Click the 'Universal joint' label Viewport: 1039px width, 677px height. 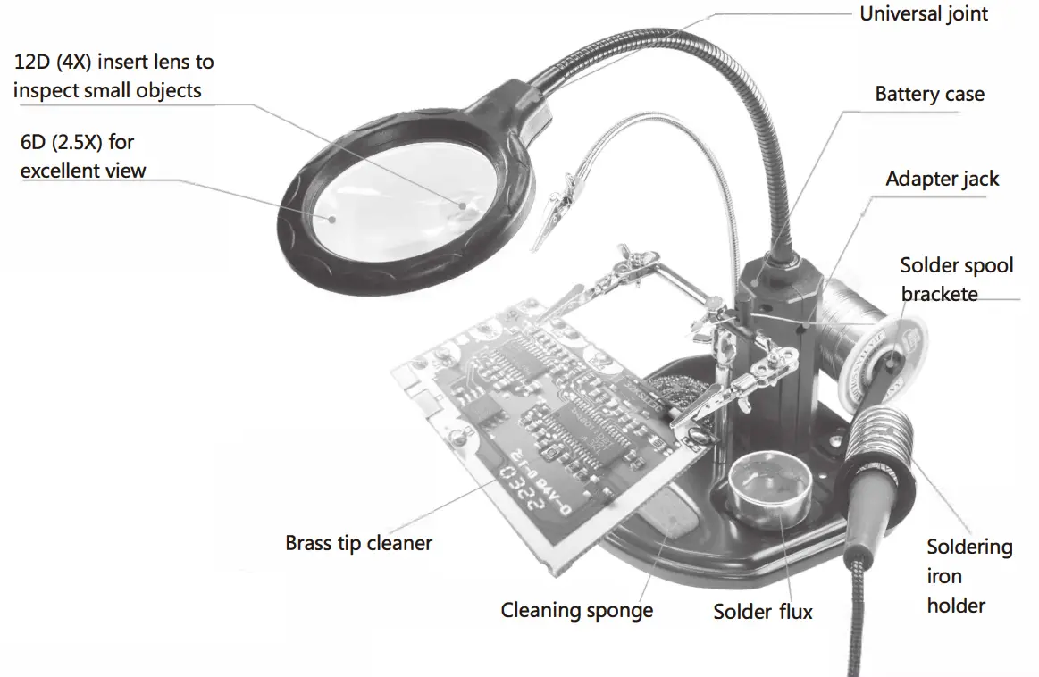[x=924, y=14]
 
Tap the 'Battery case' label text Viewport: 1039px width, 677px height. [x=929, y=95]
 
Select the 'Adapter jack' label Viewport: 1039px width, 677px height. [x=942, y=179]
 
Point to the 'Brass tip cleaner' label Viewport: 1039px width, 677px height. [x=358, y=543]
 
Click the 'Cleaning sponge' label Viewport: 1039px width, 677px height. [x=576, y=611]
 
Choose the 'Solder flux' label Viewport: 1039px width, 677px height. [x=763, y=612]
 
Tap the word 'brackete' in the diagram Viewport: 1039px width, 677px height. [x=939, y=294]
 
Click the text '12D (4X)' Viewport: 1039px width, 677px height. [x=54, y=63]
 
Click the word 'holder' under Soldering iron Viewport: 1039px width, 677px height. [x=956, y=606]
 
